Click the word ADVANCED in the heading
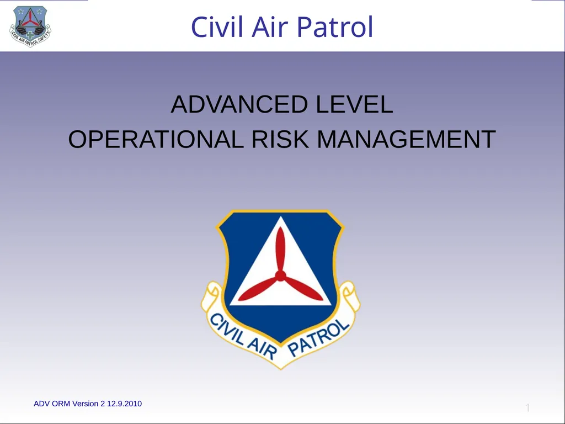(x=239, y=104)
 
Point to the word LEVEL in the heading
(x=355, y=104)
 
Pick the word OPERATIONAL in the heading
(x=156, y=139)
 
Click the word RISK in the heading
(x=280, y=139)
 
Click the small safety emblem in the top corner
(x=30, y=26)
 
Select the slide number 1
(x=527, y=408)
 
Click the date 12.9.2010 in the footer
(x=124, y=404)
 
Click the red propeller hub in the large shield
(x=280, y=276)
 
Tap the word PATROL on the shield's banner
(x=318, y=337)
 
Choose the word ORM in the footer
(x=61, y=404)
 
